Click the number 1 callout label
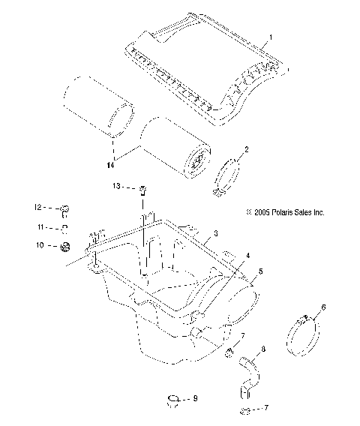pos(271,35)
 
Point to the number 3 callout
pos(215,235)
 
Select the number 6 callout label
pos(323,307)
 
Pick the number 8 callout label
pos(262,349)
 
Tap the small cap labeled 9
pos(174,399)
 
